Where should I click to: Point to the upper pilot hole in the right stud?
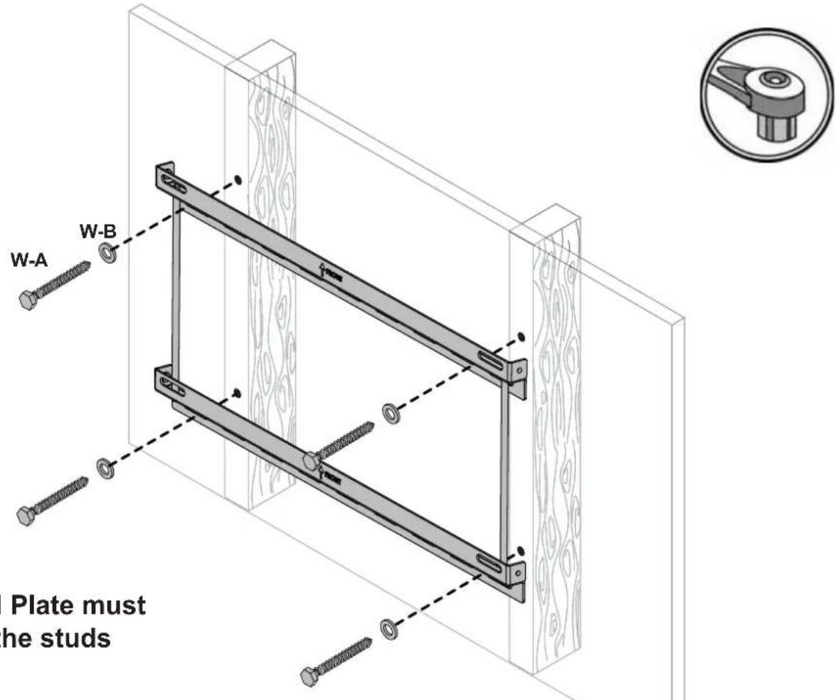pos(521,336)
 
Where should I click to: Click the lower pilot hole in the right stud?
pos(521,549)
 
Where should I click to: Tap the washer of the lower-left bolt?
pos(105,468)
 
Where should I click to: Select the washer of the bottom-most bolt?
pos(387,628)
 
